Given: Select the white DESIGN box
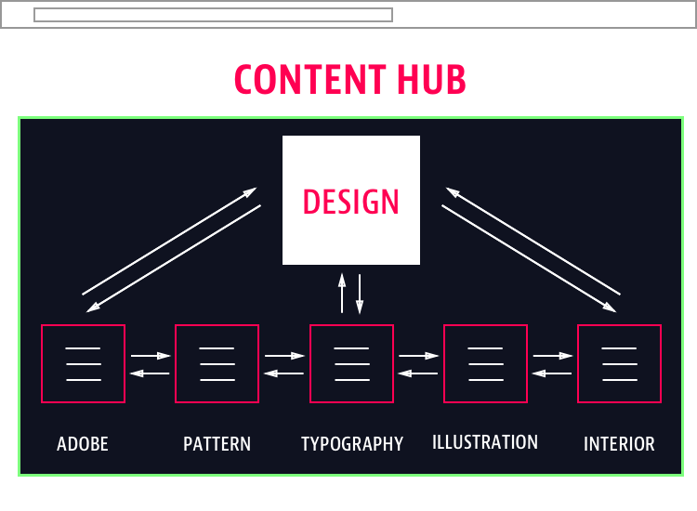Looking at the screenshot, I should click(x=351, y=201).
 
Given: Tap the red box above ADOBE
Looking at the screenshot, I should click(x=83, y=363).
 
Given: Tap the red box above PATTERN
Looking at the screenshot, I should click(x=217, y=363).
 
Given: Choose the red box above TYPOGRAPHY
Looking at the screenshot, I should click(x=351, y=363).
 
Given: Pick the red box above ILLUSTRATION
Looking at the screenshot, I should click(x=485, y=363).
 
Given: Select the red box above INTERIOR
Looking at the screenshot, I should click(x=619, y=363).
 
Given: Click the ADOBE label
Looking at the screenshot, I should click(x=83, y=444).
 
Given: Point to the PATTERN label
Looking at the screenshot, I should click(x=217, y=444).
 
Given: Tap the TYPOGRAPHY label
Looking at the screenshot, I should click(x=352, y=444).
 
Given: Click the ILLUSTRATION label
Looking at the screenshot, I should click(x=485, y=442).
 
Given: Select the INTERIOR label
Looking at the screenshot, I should click(x=619, y=444).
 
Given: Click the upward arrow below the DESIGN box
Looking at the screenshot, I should click(x=342, y=293).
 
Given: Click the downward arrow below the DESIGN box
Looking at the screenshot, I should click(x=360, y=293).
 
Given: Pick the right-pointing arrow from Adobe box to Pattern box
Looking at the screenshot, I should click(x=151, y=355).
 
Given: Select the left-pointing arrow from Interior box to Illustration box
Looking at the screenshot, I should click(x=552, y=373).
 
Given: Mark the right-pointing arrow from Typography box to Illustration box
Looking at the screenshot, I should click(x=418, y=355).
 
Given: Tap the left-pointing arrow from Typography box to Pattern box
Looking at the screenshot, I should click(x=284, y=373).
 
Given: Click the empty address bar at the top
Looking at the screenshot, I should click(x=213, y=15).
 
